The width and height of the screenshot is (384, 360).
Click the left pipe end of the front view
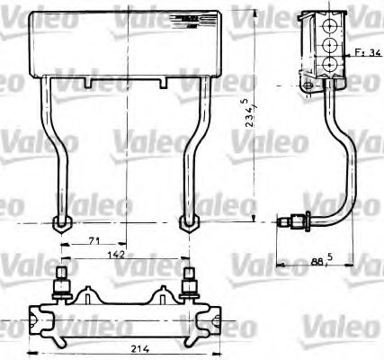pos(60,222)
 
